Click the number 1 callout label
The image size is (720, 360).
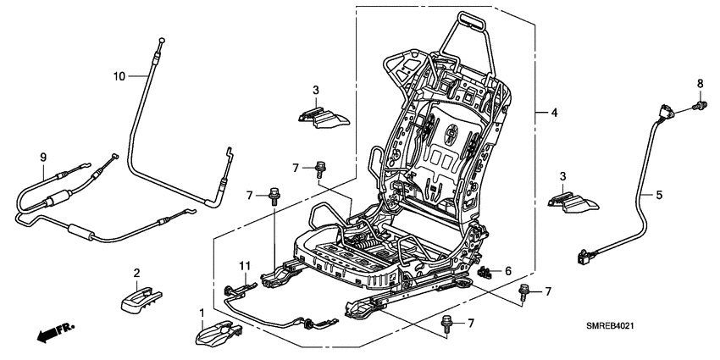click(x=201, y=314)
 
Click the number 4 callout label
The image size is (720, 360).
click(x=554, y=112)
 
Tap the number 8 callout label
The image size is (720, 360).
click(x=700, y=83)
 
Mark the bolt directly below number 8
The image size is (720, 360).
click(x=700, y=104)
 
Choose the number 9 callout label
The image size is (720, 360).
click(x=42, y=157)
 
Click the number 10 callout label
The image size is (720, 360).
click(x=119, y=76)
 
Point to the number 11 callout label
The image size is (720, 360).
click(x=244, y=266)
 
